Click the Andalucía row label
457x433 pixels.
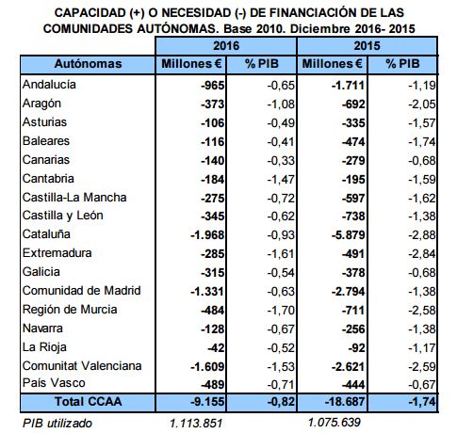coord(49,85)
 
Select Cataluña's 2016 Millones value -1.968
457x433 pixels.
coord(207,235)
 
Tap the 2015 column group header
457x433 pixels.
coord(367,46)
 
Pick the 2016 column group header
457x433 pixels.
coord(226,46)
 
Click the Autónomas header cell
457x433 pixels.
coord(88,64)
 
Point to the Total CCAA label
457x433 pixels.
coord(89,402)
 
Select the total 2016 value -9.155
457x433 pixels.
coord(207,402)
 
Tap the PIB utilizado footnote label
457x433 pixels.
coord(57,424)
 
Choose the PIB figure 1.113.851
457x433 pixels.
coord(196,424)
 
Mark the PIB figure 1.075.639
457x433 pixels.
coord(334,423)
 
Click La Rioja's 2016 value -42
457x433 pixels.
coord(216,348)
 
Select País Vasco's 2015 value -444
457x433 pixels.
coord(353,385)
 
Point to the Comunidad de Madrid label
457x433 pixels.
coord(82,291)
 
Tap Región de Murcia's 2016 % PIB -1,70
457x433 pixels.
coord(281,311)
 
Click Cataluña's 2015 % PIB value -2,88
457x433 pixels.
coord(422,235)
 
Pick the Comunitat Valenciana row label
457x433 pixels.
coord(82,366)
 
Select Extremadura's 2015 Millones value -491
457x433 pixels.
coord(353,254)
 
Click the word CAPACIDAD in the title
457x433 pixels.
coord(90,13)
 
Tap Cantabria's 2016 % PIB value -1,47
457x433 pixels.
coord(281,180)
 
